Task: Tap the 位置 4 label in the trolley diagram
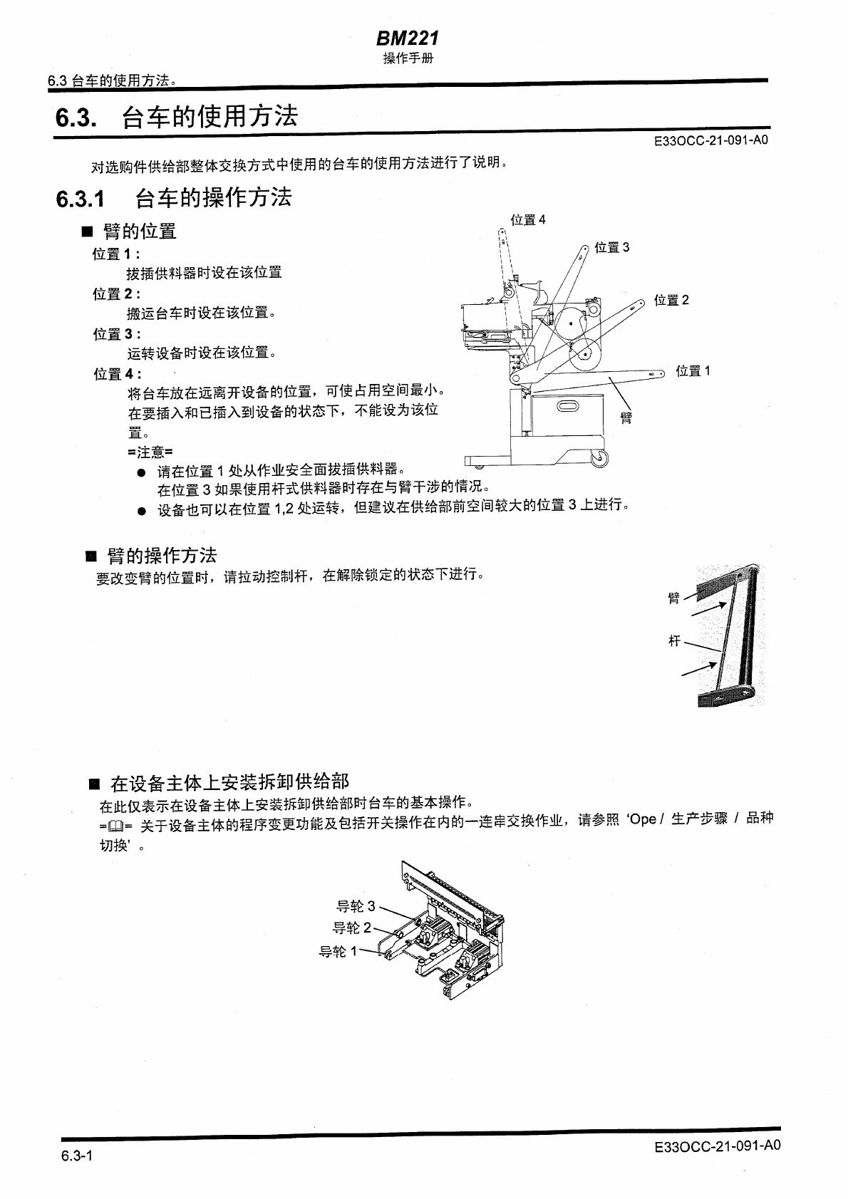528,220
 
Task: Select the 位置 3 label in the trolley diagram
612,248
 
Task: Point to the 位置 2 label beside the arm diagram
671,301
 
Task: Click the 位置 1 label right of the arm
693,371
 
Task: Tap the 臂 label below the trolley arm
626,418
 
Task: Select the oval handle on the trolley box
570,407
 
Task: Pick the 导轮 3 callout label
356,907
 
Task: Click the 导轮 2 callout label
352,928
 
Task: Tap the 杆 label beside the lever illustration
674,641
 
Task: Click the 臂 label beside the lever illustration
674,598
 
